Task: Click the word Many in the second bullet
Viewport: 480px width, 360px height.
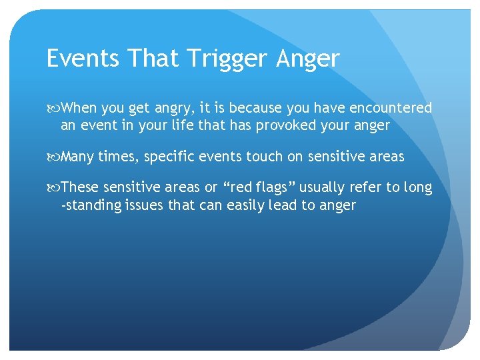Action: (x=77, y=157)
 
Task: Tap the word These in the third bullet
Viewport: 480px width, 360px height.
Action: (x=80, y=188)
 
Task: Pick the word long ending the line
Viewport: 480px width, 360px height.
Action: (x=418, y=189)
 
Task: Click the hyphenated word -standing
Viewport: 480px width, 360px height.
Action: (x=92, y=206)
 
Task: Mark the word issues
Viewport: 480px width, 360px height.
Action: (x=143, y=205)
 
